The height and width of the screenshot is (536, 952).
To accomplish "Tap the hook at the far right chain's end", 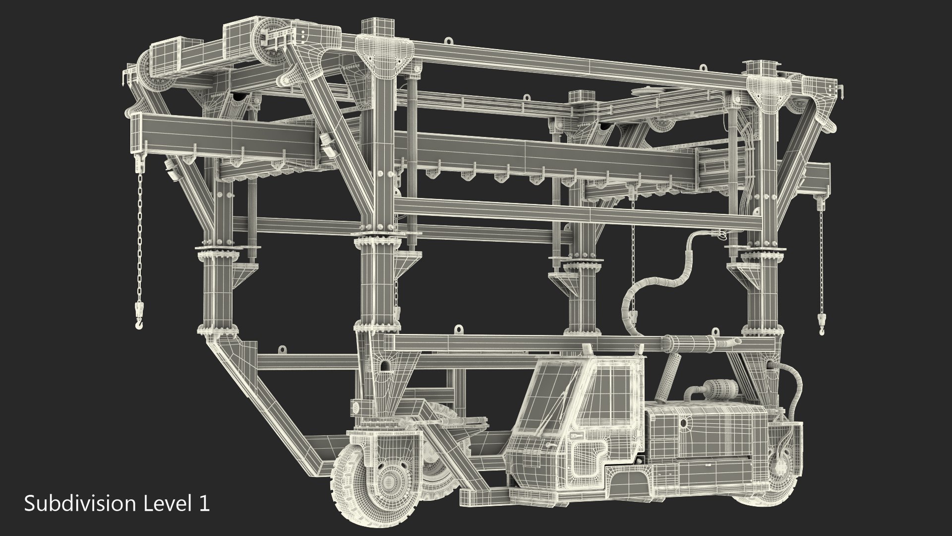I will point(822,323).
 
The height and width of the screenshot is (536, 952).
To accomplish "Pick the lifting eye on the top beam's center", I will point(449,41).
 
